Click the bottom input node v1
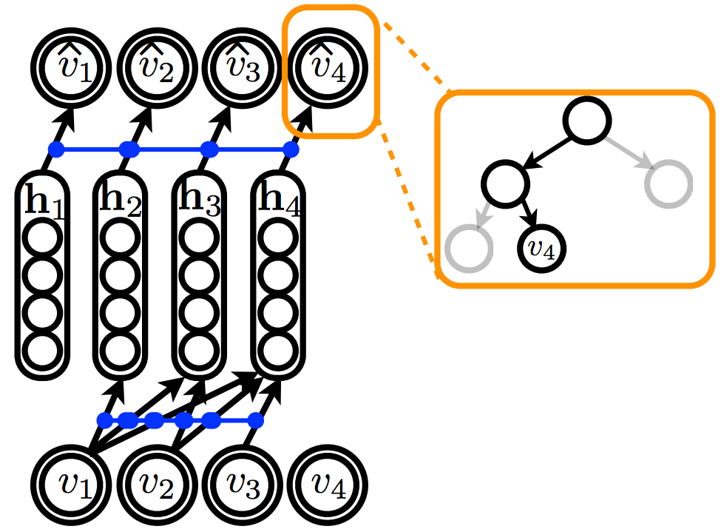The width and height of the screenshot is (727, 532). tap(70, 485)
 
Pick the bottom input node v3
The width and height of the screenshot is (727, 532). tap(242, 485)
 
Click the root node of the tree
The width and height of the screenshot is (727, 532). tap(589, 120)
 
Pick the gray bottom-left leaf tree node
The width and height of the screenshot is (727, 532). tap(468, 249)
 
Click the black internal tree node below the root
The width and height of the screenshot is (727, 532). tap(506, 181)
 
